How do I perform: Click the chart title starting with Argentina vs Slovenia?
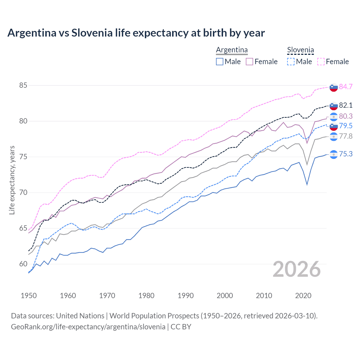[x=136, y=33]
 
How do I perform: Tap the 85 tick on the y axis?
[x=23, y=85]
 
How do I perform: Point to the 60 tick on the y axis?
[x=23, y=264]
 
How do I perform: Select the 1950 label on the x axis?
[x=29, y=296]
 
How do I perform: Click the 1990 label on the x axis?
[x=186, y=296]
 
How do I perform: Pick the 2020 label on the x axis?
[x=303, y=296]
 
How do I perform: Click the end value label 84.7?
[x=346, y=87]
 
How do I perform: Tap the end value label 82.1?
[x=346, y=105]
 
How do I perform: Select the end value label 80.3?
[x=346, y=116]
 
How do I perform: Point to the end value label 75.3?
[x=346, y=154]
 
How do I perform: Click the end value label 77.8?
[x=346, y=136]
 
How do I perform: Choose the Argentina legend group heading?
[x=232, y=50]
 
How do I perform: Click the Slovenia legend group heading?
[x=300, y=50]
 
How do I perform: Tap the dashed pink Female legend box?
[x=321, y=62]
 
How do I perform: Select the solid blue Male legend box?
[x=220, y=62]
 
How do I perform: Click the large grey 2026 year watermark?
[x=297, y=269]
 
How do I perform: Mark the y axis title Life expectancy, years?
[x=12, y=180]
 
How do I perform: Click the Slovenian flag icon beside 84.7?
[x=334, y=87]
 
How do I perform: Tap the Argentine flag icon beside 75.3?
[x=334, y=154]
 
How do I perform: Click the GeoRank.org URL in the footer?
[x=88, y=327]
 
